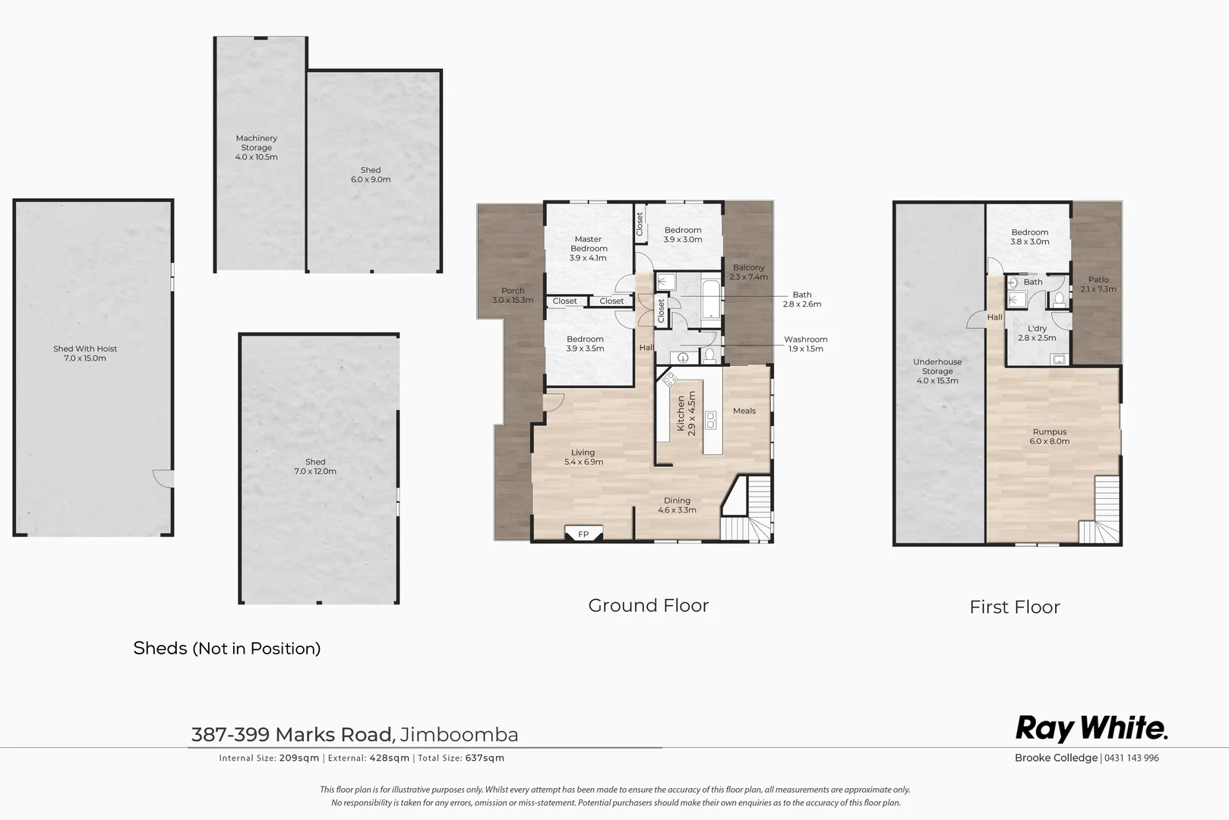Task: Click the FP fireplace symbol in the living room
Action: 583,534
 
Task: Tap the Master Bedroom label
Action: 589,248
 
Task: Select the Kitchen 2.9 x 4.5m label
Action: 686,415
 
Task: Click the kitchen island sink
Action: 712,420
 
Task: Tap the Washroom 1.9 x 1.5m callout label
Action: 805,344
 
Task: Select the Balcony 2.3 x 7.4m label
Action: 748,272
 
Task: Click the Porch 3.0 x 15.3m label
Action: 513,295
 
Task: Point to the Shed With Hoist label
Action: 85,353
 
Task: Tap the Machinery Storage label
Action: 256,147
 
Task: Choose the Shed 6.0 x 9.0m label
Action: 371,175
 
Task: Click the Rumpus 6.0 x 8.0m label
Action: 1049,437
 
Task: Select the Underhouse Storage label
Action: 937,371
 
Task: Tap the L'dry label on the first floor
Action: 1037,333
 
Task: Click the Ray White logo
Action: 1091,728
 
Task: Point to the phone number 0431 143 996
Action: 1132,758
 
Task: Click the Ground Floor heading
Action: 648,605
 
